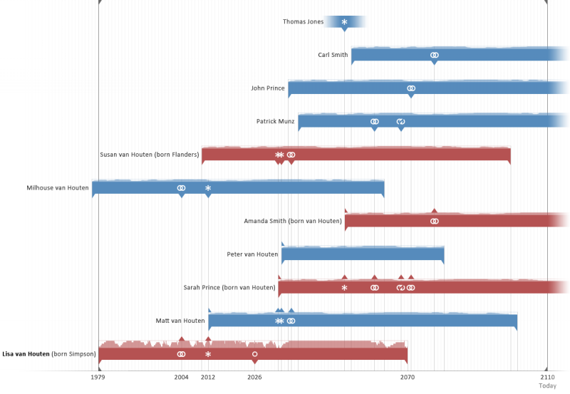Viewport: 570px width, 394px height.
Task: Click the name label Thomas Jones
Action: click(x=303, y=22)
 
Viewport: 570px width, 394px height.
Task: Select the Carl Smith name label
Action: click(x=333, y=55)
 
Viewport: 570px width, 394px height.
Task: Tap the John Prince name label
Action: click(x=268, y=88)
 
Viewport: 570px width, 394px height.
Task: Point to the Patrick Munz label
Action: click(x=275, y=122)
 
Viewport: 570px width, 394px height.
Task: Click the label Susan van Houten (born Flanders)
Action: click(x=149, y=155)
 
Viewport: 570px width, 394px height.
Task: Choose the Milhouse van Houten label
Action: click(x=58, y=188)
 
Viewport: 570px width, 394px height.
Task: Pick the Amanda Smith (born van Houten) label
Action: click(x=293, y=221)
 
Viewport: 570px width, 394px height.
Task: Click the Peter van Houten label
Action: click(x=252, y=254)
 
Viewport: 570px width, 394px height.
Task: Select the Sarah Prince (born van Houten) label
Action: click(x=229, y=288)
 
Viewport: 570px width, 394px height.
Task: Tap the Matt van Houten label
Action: click(x=180, y=321)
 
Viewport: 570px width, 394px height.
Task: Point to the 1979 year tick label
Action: click(x=98, y=377)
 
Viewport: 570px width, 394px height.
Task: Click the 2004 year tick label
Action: click(x=182, y=377)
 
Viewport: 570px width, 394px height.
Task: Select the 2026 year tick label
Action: click(x=254, y=377)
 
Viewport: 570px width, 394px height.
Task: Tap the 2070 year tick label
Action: click(x=408, y=377)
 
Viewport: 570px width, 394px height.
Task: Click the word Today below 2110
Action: click(x=547, y=386)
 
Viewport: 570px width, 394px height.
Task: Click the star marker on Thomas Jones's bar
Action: click(x=344, y=22)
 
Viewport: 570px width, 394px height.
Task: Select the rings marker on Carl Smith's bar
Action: click(x=434, y=55)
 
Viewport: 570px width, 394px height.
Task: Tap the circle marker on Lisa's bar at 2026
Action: click(x=254, y=354)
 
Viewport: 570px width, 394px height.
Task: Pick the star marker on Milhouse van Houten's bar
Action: click(x=208, y=188)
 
